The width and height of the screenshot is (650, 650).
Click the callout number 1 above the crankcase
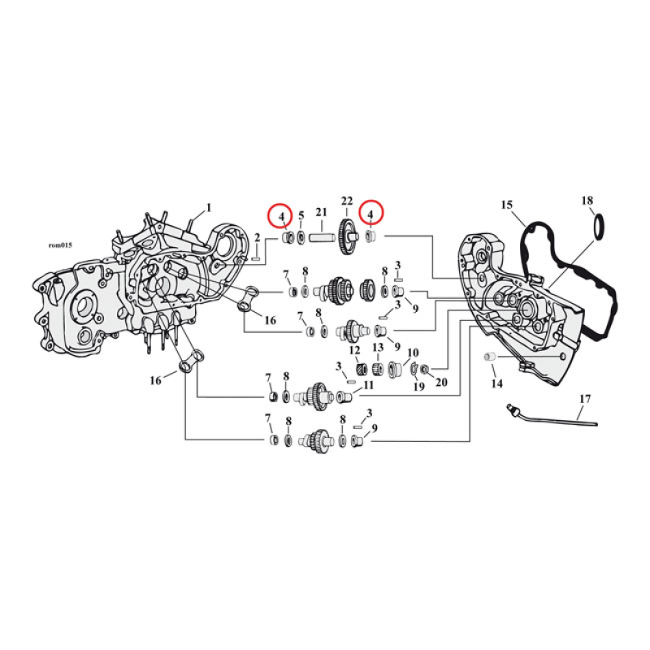pos(208,207)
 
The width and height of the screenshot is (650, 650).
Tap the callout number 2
pos(258,237)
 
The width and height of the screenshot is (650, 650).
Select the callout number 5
pos(301,216)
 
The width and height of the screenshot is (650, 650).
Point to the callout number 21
pos(322,214)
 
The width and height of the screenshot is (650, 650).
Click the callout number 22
pos(347,201)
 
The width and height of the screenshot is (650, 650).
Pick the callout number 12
pos(354,350)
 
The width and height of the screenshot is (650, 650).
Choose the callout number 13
pos(378,349)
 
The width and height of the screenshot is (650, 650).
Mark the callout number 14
pos(496,382)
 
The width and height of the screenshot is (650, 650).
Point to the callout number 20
pos(442,382)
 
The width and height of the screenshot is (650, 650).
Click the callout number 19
pos(419,387)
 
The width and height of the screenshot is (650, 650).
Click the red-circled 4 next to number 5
pos(279,216)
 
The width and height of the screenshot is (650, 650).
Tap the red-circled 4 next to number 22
pos(371,214)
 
